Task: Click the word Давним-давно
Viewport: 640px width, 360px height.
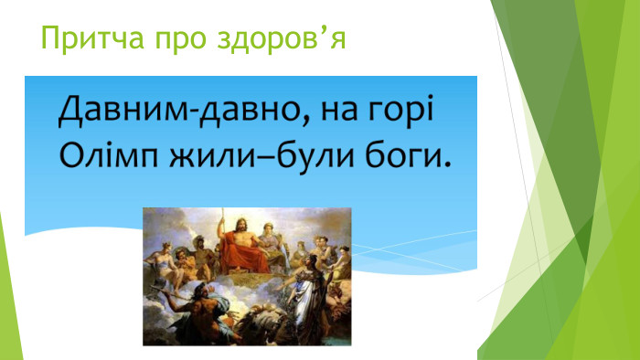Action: pos(176,114)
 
